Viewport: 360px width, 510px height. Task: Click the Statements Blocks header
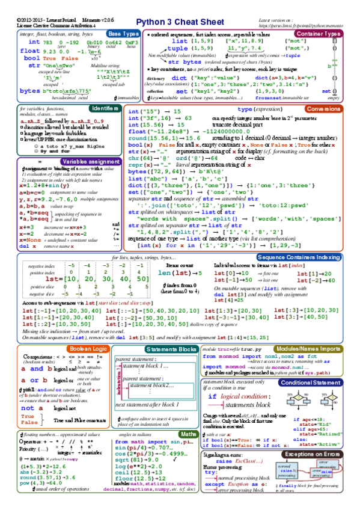click(171, 349)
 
